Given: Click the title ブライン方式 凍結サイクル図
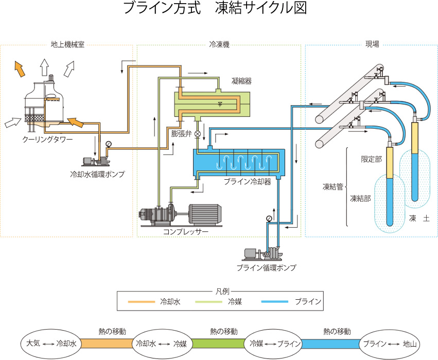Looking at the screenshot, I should [x=215, y=9].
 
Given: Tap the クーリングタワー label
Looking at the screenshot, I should [x=47, y=140].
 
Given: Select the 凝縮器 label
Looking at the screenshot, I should [x=241, y=81].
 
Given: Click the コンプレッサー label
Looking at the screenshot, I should [x=185, y=232].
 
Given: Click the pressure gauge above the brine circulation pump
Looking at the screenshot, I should [x=269, y=219].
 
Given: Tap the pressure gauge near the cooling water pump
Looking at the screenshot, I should [x=108, y=144].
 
